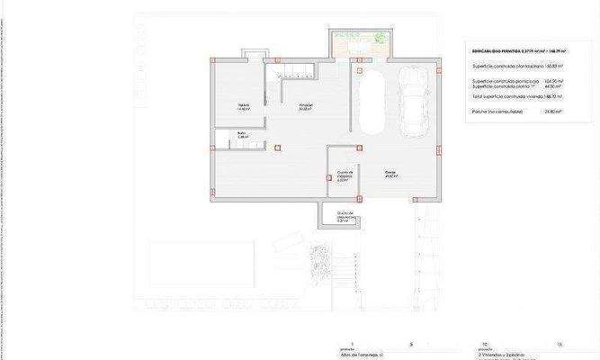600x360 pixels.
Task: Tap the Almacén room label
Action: (307, 105)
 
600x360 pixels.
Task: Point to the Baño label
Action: (242, 136)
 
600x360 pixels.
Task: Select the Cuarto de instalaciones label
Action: (343, 175)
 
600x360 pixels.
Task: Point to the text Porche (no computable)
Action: (497, 112)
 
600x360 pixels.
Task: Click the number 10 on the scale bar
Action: (485, 345)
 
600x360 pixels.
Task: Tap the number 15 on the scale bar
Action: (559, 345)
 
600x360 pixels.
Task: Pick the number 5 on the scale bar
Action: (411, 345)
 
